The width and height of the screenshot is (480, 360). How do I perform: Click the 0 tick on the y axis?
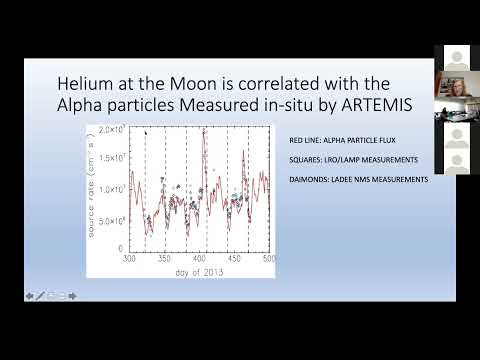click(119, 247)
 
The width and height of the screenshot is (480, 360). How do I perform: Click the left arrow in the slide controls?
click(29, 295)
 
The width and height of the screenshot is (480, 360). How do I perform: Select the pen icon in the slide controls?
click(41, 295)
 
